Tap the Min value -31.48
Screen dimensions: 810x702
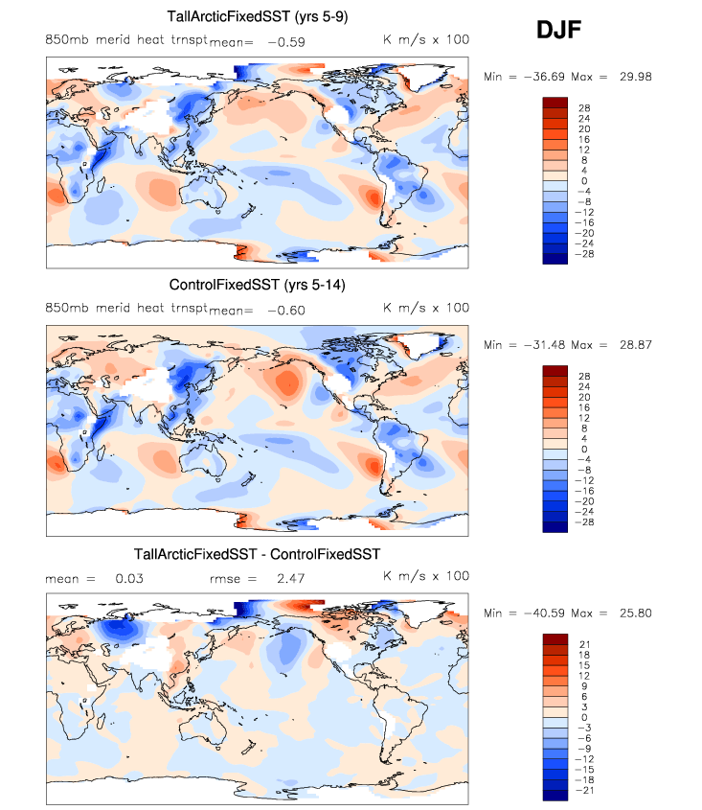(543, 344)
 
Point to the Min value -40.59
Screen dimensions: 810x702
(543, 613)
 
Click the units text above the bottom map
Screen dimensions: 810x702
(426, 577)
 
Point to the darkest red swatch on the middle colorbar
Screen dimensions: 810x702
(556, 371)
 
